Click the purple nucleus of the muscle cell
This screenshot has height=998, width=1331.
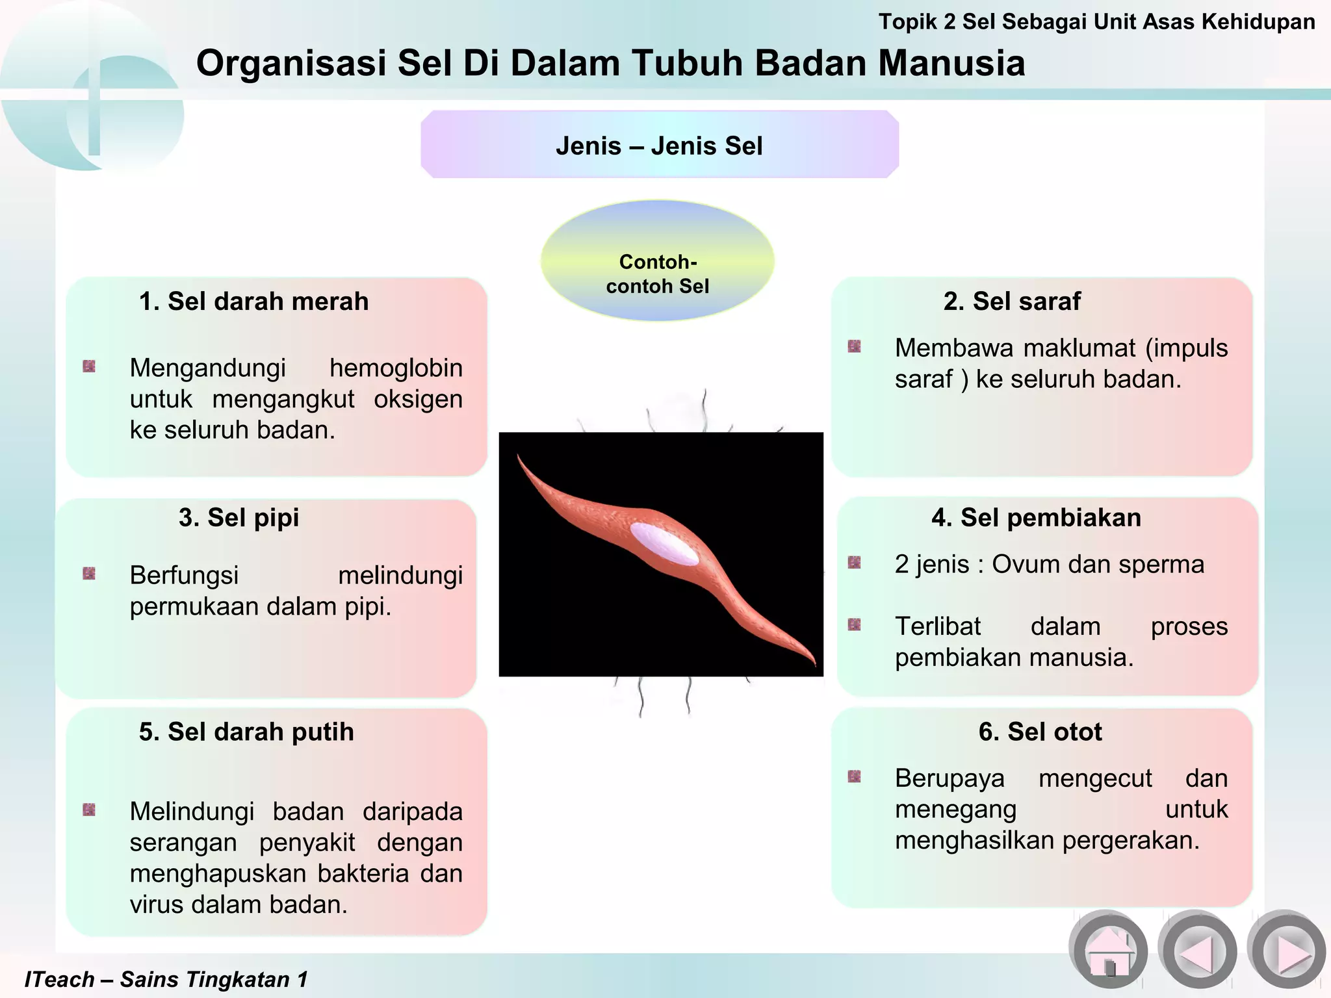[664, 543]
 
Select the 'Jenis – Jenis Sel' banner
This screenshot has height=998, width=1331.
[659, 146]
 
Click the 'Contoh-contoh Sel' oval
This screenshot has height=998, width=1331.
[658, 261]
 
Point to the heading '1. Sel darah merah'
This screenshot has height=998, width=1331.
[253, 301]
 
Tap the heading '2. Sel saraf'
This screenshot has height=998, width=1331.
[1012, 301]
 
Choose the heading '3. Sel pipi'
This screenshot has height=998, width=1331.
[239, 518]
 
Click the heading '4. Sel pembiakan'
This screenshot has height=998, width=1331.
[1036, 518]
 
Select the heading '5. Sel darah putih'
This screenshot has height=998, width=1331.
[246, 732]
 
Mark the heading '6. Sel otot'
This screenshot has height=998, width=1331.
[1040, 732]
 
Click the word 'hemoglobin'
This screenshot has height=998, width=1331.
[396, 368]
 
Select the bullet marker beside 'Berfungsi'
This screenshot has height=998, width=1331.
[90, 574]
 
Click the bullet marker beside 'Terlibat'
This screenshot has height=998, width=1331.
[855, 625]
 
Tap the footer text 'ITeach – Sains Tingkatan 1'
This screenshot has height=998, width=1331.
[166, 979]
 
